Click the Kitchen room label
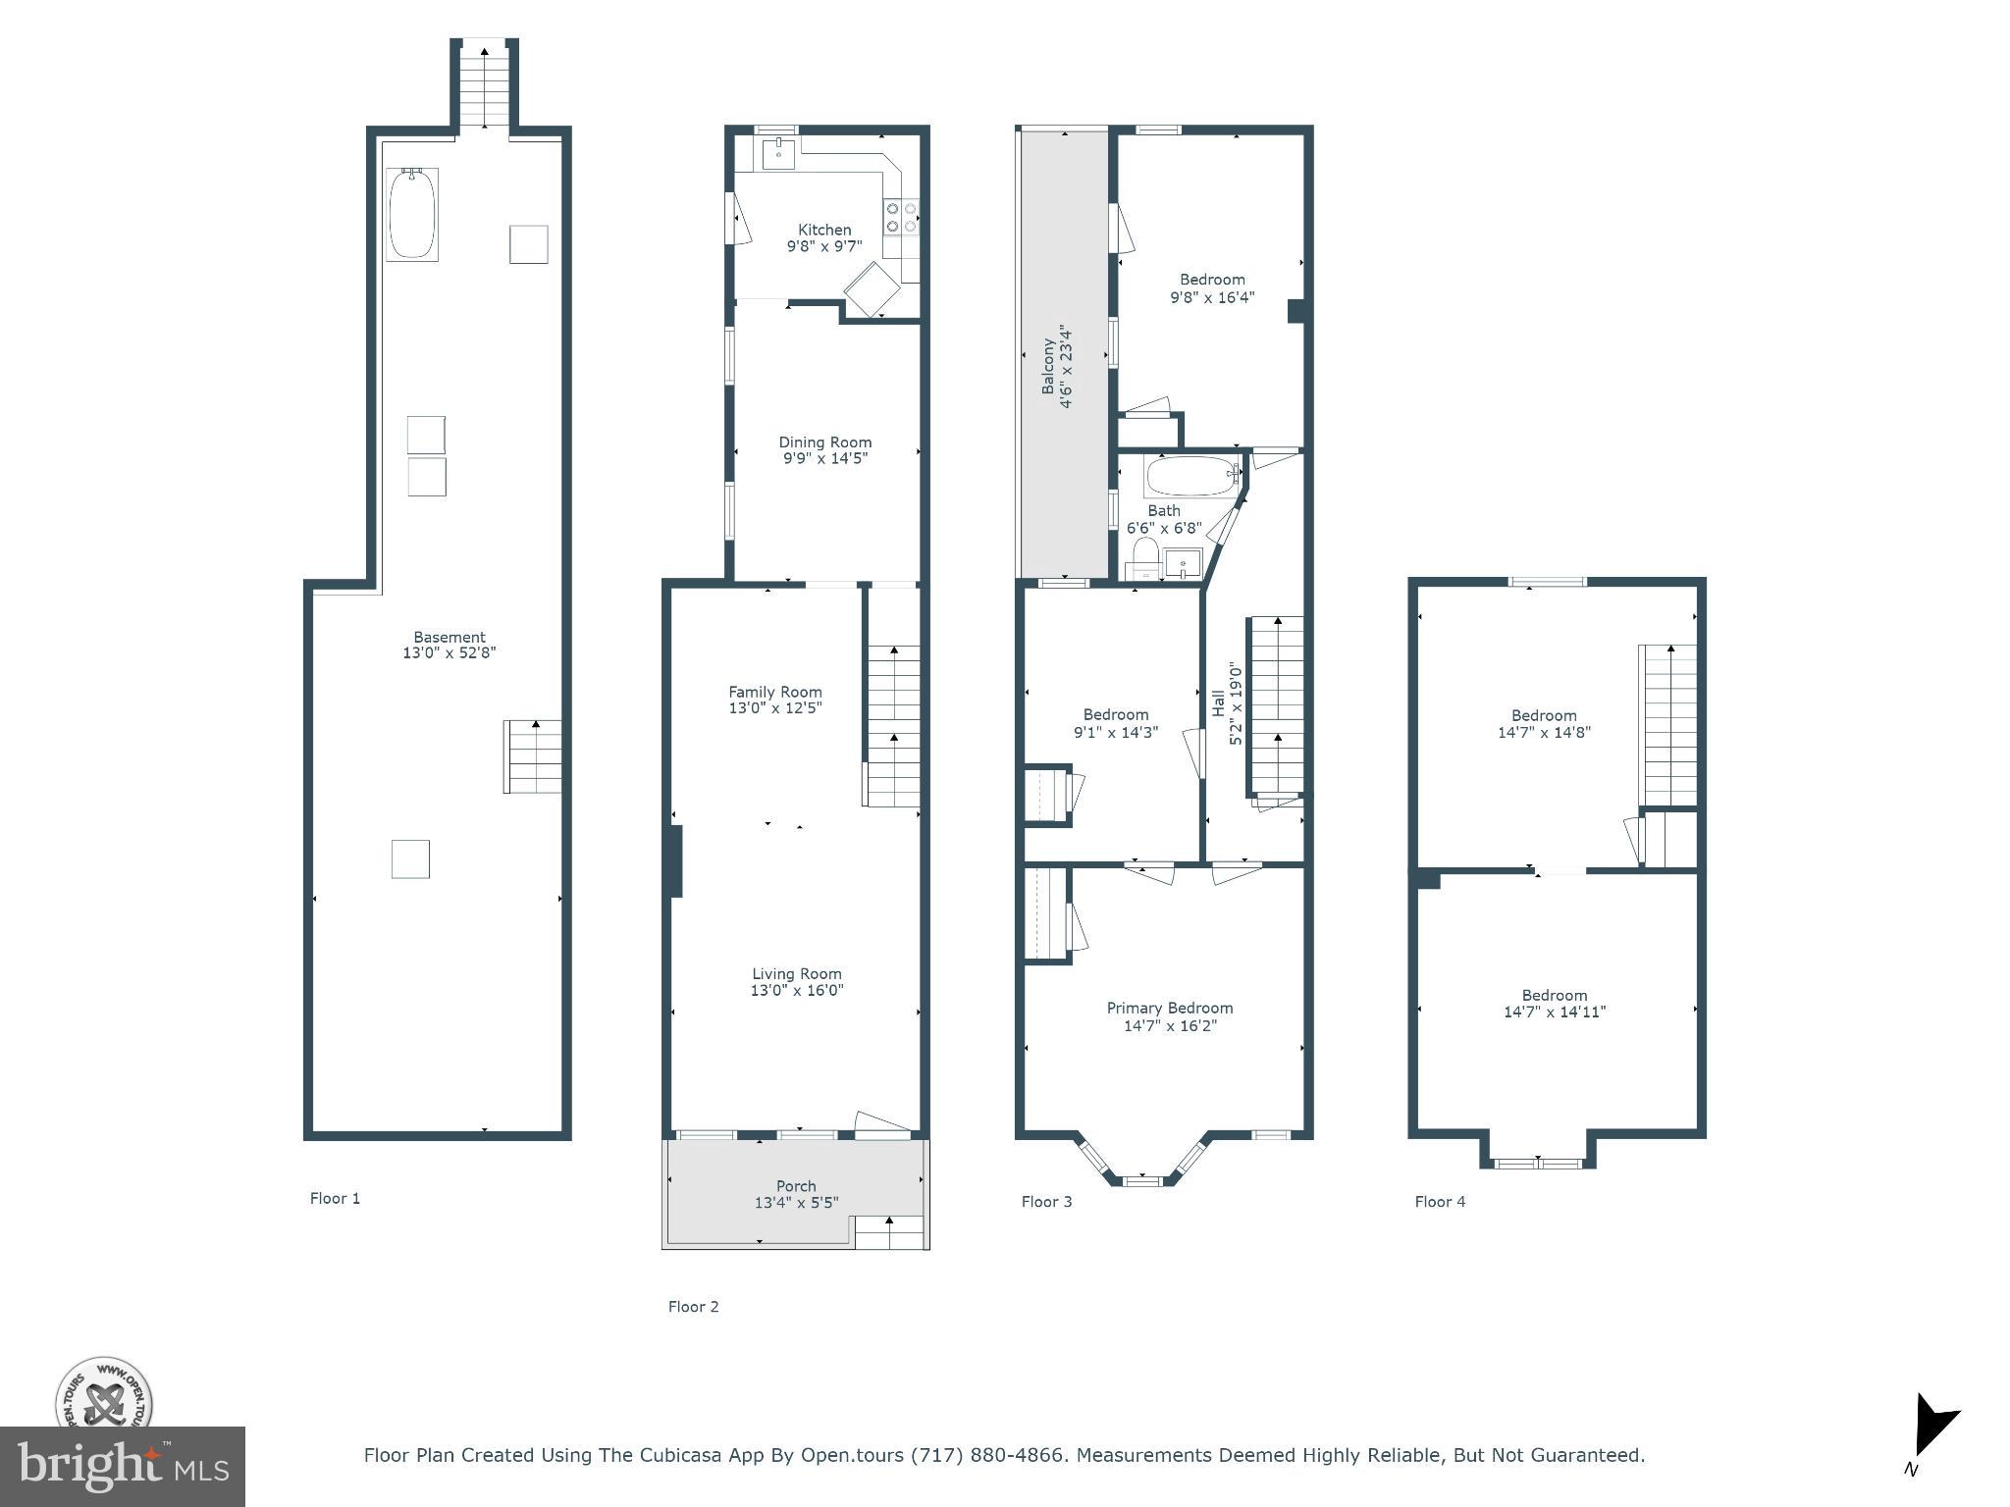point(823,230)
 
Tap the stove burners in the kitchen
point(901,217)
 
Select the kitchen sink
point(778,153)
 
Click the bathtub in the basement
point(412,214)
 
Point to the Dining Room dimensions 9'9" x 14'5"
point(824,458)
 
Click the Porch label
point(796,1186)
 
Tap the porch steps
point(890,1232)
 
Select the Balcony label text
point(1048,367)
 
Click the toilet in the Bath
point(1143,557)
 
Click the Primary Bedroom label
point(1169,1008)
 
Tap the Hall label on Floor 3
point(1218,702)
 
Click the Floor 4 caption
point(1440,1201)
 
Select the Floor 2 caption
point(693,1306)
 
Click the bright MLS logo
point(122,1466)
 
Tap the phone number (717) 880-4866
point(988,1455)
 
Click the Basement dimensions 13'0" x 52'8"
point(450,652)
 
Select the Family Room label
point(774,692)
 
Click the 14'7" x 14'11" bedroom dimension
point(1554,1012)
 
